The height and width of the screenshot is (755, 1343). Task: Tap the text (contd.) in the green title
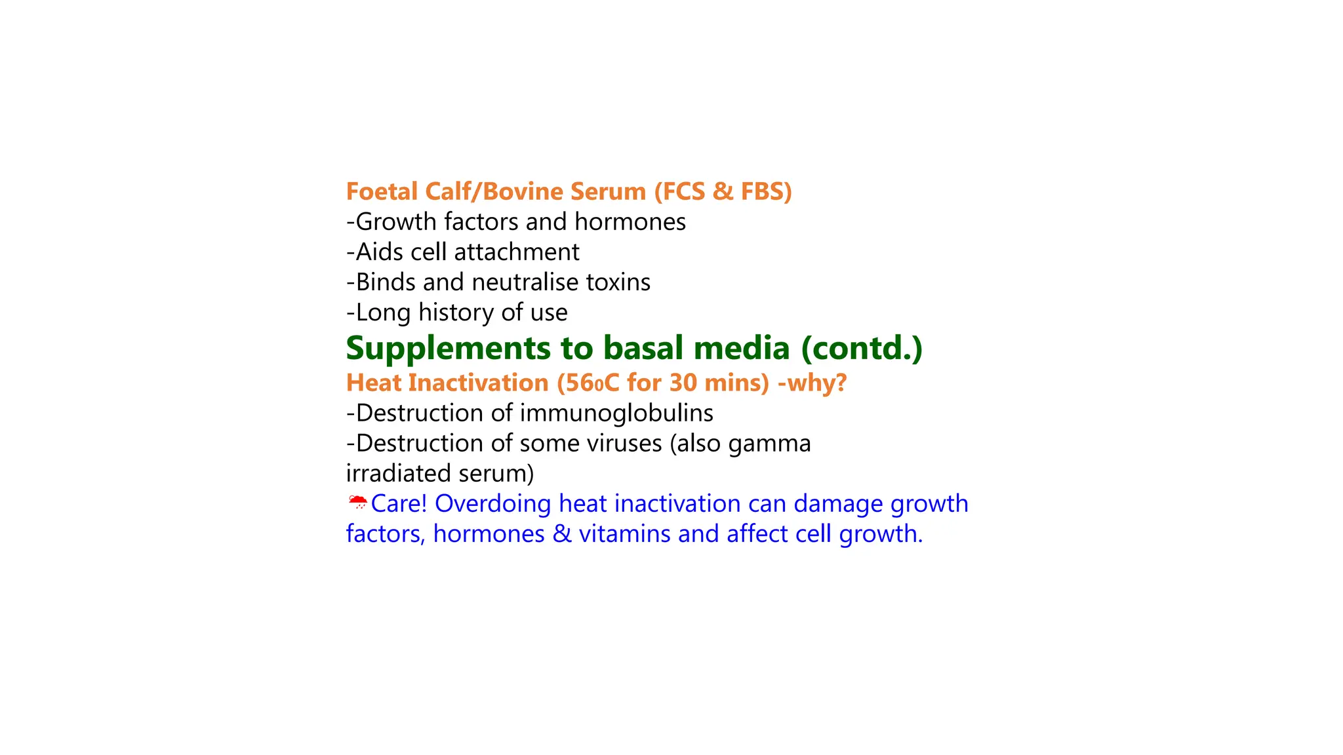862,348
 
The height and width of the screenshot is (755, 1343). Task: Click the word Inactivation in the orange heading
478,383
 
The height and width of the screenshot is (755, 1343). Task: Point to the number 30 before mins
683,383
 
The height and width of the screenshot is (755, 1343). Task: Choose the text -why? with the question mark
812,383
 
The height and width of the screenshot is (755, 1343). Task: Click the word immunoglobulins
616,414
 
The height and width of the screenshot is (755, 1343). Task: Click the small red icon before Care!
357,503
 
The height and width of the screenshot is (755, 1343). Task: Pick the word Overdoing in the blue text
492,504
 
